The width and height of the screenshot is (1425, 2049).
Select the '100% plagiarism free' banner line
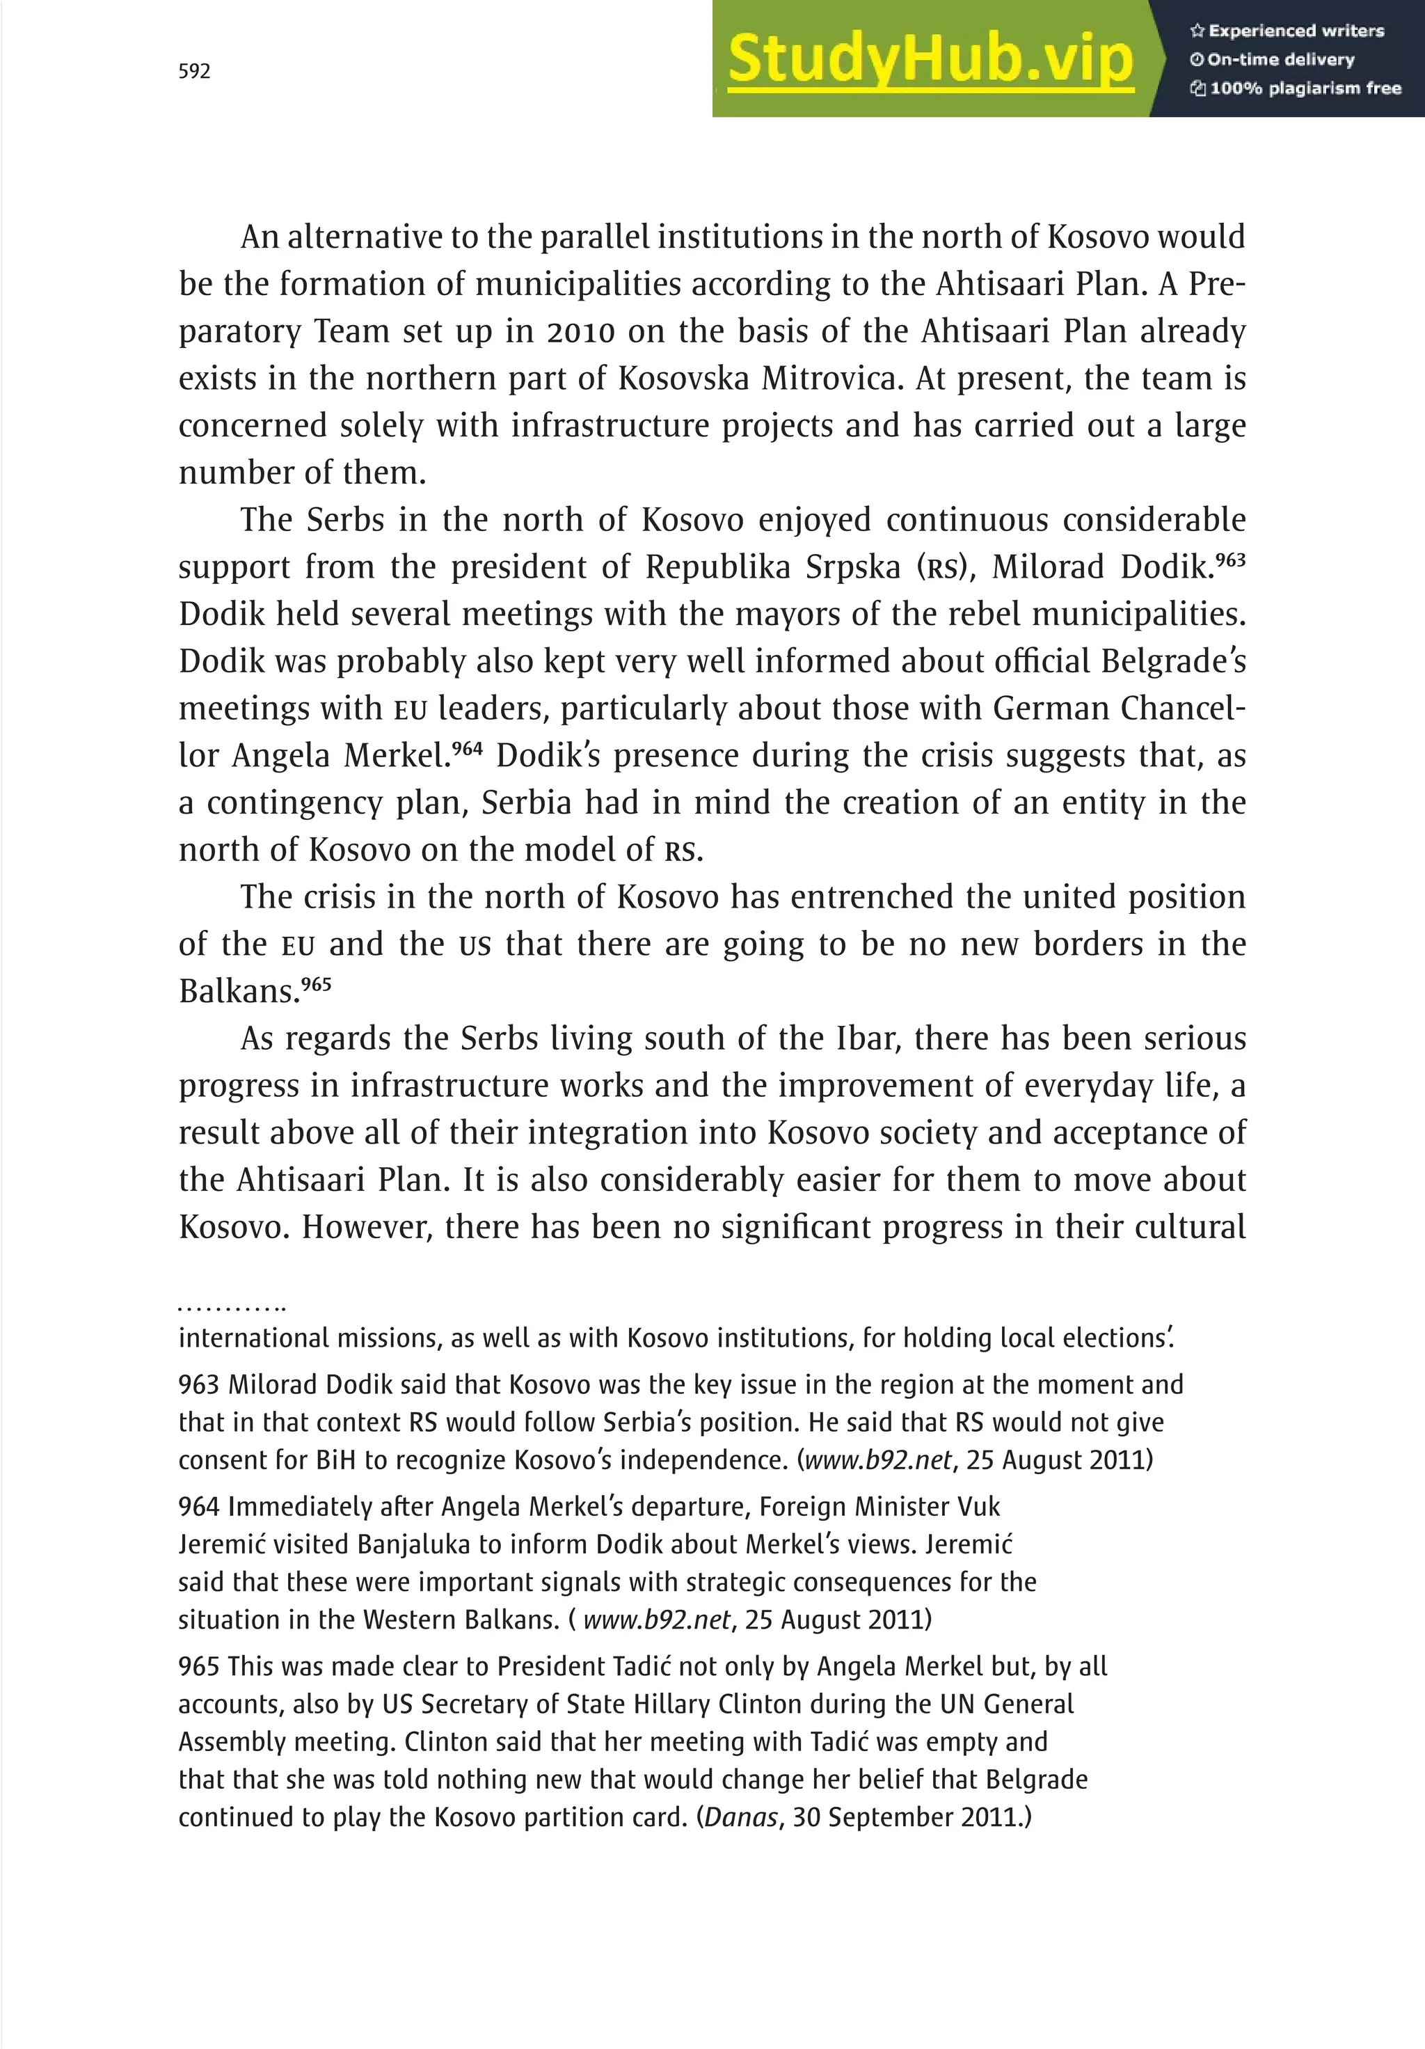[x=1296, y=88]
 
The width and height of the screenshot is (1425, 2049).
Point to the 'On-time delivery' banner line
[x=1273, y=60]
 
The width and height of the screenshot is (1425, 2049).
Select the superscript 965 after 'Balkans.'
[x=316, y=984]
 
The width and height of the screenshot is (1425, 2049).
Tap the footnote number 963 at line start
[x=198, y=1384]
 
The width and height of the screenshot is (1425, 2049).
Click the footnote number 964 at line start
[x=198, y=1506]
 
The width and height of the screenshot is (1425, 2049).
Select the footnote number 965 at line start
[x=198, y=1666]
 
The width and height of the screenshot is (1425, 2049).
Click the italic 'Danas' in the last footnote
[x=740, y=1817]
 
